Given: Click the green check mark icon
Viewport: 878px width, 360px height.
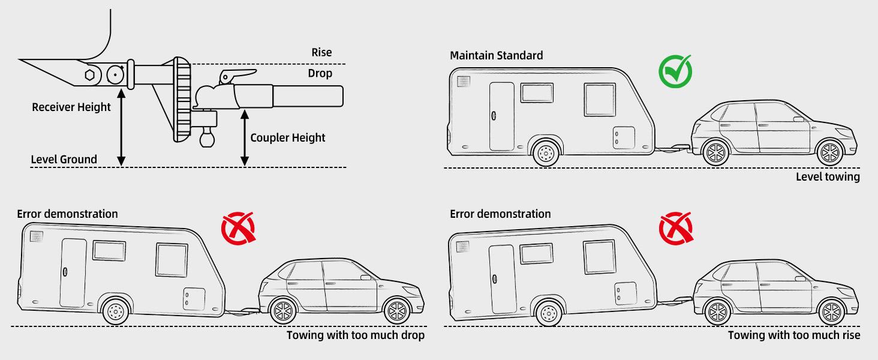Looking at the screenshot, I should [675, 71].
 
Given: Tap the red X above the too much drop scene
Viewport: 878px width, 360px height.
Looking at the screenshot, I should [238, 229].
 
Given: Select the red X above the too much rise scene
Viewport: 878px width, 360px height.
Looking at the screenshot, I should [675, 229].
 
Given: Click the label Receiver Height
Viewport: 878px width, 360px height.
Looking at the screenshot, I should [71, 107].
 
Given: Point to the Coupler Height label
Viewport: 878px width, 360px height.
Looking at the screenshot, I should [288, 137].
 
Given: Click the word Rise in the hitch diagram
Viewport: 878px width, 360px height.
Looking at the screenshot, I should [321, 53].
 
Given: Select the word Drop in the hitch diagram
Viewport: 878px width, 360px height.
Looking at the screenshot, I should [320, 73].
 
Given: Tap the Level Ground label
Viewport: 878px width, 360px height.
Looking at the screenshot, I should [64, 159].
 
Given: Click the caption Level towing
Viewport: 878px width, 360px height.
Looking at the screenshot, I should [828, 176].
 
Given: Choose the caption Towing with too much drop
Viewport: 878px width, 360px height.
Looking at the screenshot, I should [355, 335].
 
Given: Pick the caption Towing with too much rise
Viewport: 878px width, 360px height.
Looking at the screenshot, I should [794, 335].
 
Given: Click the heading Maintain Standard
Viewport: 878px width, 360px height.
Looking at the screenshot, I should [497, 55].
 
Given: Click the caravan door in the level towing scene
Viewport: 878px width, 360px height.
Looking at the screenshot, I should [501, 116].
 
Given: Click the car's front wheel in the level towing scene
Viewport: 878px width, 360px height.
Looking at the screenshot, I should [830, 152].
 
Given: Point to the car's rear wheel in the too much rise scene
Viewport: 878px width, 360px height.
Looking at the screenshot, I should [716, 311].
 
